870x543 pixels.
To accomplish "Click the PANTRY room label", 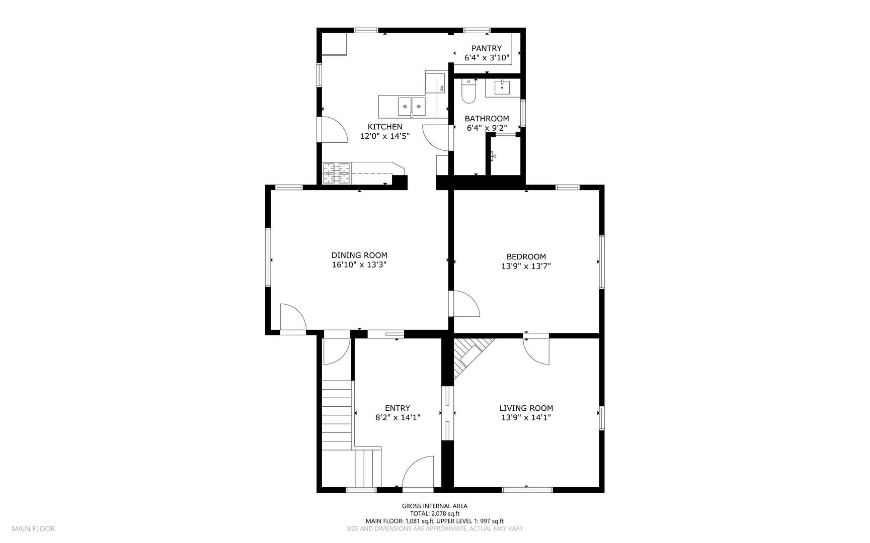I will (x=486, y=48).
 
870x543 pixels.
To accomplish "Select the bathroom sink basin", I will (x=502, y=87).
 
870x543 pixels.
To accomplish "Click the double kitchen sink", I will (x=412, y=107).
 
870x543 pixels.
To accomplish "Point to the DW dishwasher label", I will (x=442, y=88).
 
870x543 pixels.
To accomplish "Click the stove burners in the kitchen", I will (x=337, y=172).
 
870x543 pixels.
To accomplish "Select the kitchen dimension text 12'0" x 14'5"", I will (x=384, y=136).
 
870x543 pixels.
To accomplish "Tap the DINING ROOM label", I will (x=359, y=255).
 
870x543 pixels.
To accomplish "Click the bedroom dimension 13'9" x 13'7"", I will (x=526, y=266).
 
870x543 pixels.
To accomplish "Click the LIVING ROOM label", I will (x=526, y=408).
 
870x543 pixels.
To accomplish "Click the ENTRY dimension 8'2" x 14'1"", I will (x=398, y=417).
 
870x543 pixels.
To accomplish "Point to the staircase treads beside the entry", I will (x=336, y=415).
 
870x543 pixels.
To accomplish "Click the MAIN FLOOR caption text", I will (x=33, y=528).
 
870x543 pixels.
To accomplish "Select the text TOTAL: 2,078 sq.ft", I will (x=434, y=513).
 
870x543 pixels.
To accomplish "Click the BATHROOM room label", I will (x=486, y=119).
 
